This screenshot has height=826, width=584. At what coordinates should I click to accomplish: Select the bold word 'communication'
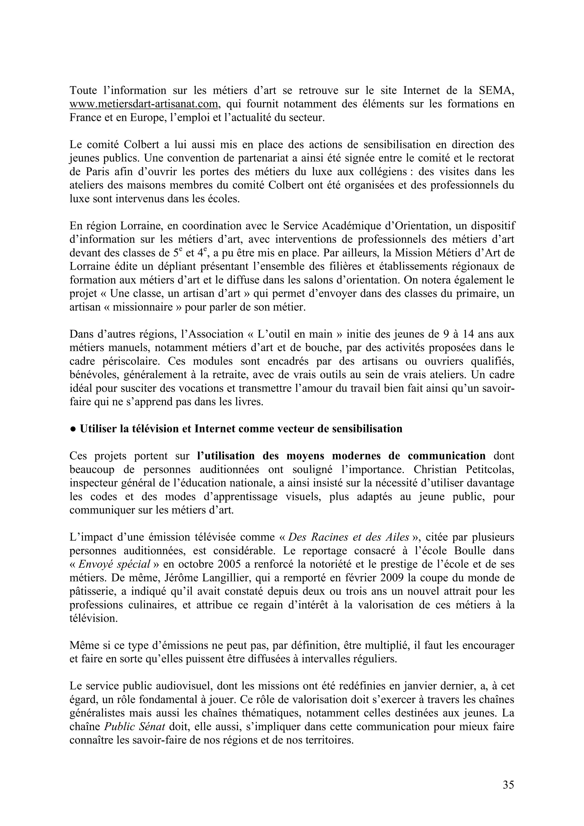446,456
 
